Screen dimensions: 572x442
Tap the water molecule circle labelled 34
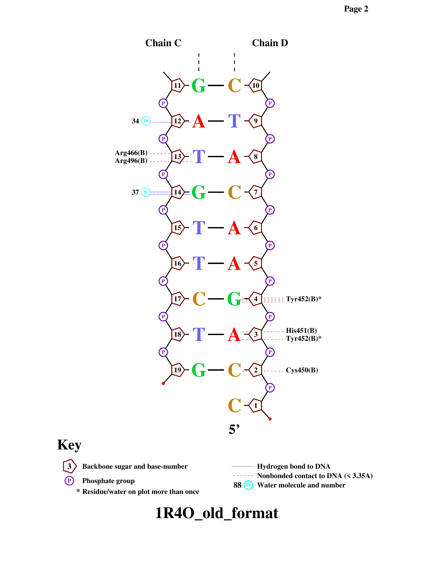coord(146,121)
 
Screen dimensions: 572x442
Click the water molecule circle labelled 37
coord(146,192)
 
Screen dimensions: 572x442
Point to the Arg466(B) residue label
coord(131,153)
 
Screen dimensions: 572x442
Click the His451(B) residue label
coord(301,331)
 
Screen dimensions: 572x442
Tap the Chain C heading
coord(163,43)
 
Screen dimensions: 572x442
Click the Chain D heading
coord(270,43)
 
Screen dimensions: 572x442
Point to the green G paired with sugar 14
coord(199,192)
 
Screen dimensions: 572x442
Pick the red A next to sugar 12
coord(199,121)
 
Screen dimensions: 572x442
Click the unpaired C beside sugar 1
coord(234,406)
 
